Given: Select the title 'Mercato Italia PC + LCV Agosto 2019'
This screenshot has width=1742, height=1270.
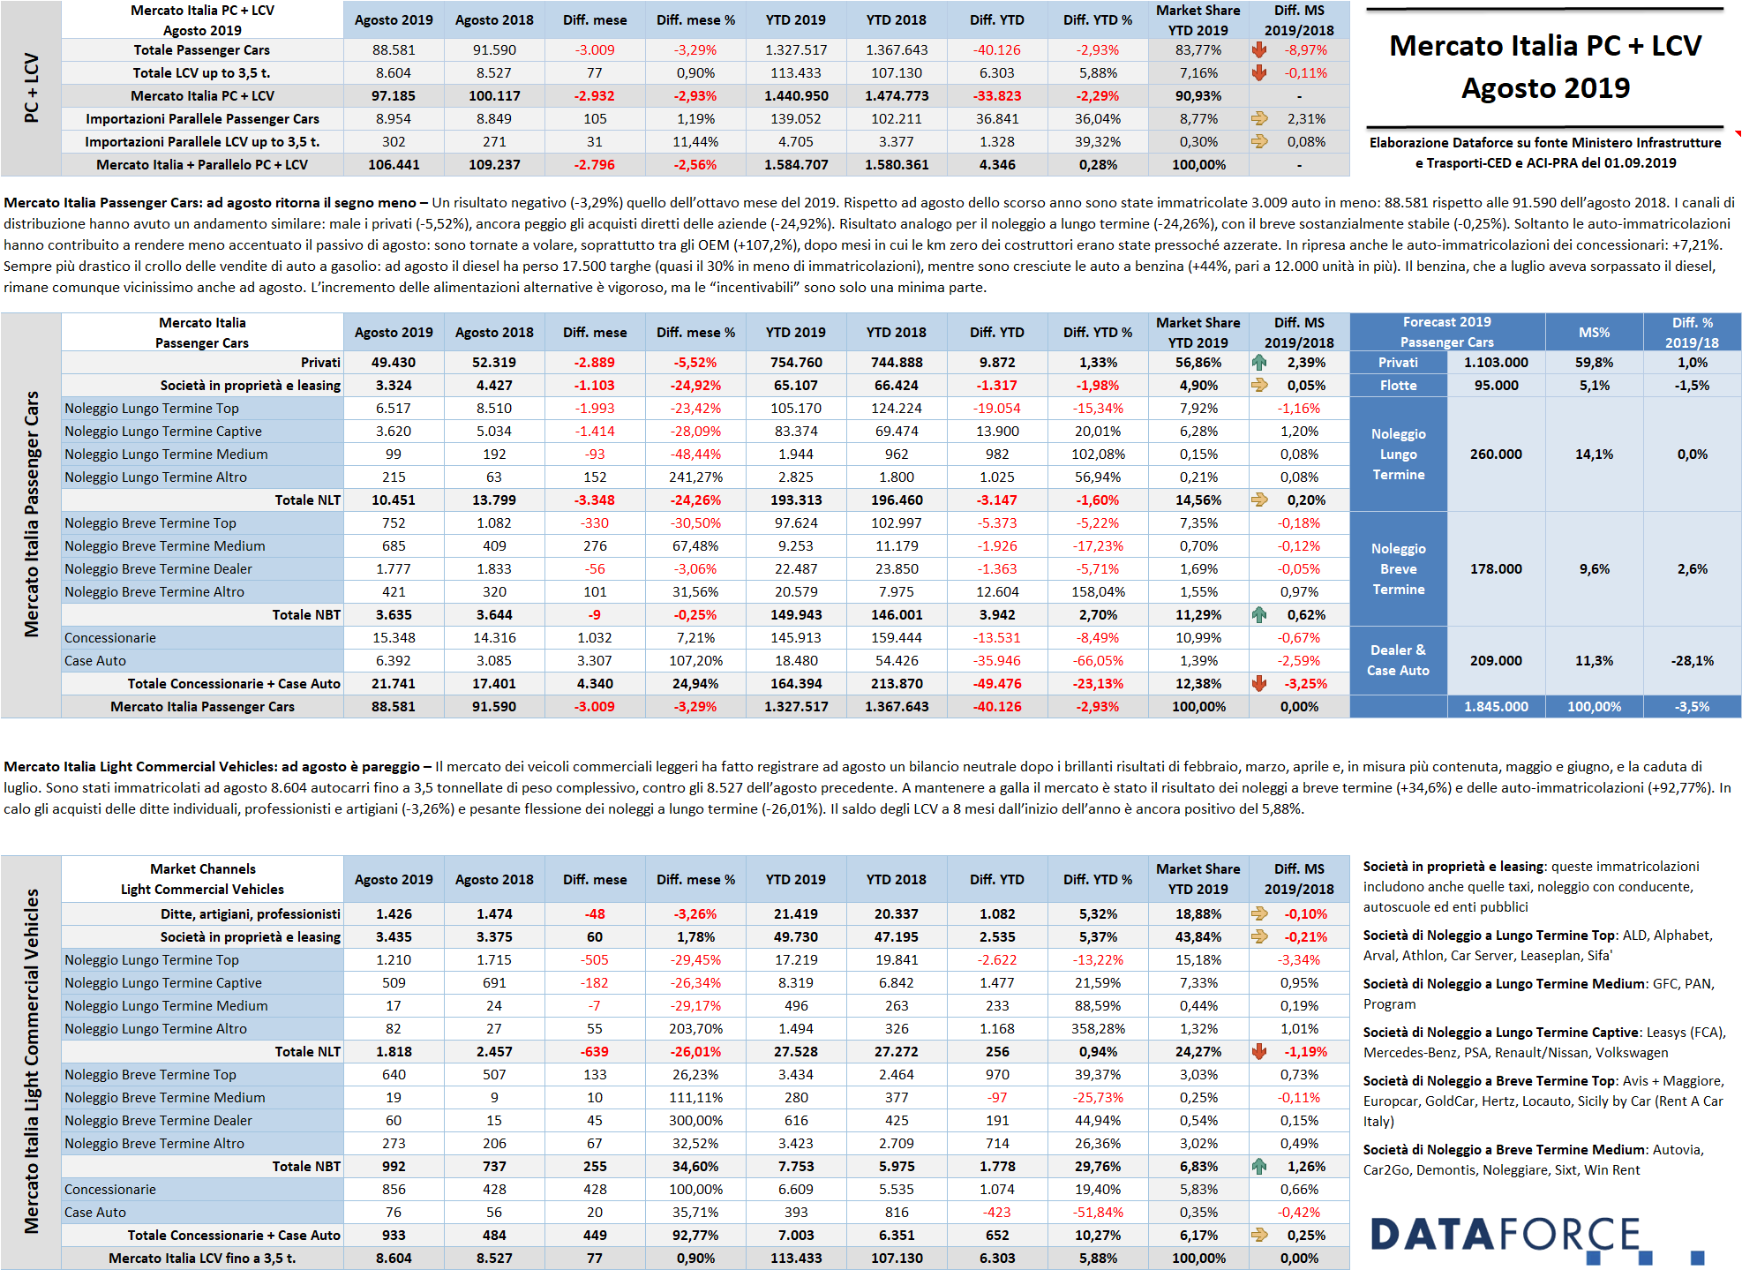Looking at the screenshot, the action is (x=1545, y=66).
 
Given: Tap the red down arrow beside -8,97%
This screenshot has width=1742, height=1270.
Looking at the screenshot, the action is (x=1259, y=50).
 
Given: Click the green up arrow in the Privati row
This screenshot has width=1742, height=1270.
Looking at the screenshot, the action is (x=1259, y=362).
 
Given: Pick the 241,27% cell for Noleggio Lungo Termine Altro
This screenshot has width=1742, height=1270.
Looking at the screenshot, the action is (x=695, y=477).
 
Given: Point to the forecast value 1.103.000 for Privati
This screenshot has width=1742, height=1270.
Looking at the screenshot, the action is (x=1496, y=362).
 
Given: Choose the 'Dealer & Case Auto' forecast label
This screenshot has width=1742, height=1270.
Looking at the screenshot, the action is (x=1398, y=660).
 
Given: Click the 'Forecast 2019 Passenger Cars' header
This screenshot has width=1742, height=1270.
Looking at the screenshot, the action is (x=1447, y=332).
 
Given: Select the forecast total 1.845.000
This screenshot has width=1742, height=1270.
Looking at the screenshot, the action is (x=1496, y=706).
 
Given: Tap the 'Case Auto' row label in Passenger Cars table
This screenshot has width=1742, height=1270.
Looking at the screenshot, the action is (x=95, y=660).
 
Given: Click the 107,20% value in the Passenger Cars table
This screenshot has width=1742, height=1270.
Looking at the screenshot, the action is (x=695, y=660).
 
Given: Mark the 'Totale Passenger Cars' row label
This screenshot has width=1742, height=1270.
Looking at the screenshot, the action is (x=202, y=50).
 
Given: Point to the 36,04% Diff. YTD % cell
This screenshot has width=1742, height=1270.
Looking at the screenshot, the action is (x=1098, y=118).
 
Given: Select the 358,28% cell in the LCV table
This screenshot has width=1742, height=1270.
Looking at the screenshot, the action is (x=1098, y=1028).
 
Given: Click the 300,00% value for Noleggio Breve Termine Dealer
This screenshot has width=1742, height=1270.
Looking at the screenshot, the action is (x=695, y=1120).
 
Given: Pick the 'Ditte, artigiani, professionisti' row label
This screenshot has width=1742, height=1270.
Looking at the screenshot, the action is (x=251, y=913).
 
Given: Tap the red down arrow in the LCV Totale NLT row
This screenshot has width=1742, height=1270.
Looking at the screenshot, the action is (x=1259, y=1051).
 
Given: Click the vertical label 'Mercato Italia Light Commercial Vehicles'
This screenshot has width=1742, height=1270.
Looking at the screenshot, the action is (x=32, y=1061).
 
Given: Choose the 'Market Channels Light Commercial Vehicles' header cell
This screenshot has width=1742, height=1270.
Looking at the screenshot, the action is (x=202, y=879).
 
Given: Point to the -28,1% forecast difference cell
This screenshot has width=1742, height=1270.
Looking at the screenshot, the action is (x=1692, y=660).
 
